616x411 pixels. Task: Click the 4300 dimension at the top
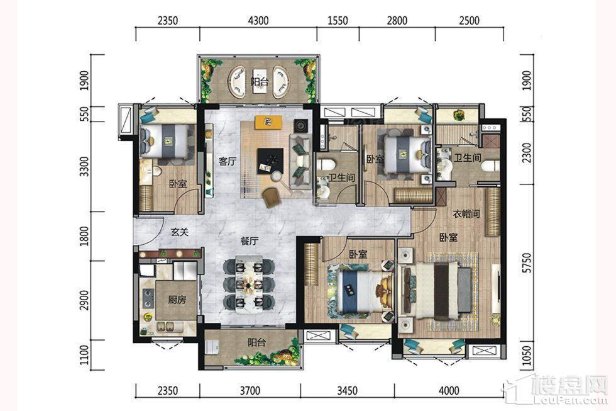click(x=258, y=20)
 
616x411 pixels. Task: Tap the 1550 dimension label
click(x=338, y=20)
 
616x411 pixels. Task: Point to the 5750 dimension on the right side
click(x=527, y=263)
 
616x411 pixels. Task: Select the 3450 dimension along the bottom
click(x=347, y=391)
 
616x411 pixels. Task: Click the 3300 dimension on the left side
click(x=84, y=167)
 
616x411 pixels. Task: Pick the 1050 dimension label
click(x=527, y=356)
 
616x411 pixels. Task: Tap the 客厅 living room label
click(x=228, y=162)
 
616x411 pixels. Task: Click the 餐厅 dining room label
click(x=249, y=241)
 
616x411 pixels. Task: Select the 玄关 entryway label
click(x=180, y=232)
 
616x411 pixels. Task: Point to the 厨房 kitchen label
click(x=177, y=300)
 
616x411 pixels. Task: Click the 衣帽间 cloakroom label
click(x=466, y=214)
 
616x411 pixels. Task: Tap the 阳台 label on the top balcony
click(x=260, y=82)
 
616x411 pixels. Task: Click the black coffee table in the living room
click(x=270, y=160)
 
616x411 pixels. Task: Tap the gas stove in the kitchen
click(x=148, y=298)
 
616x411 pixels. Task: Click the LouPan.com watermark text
click(x=581, y=400)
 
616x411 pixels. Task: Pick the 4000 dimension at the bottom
click(x=449, y=391)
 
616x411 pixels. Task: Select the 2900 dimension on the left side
click(x=84, y=300)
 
